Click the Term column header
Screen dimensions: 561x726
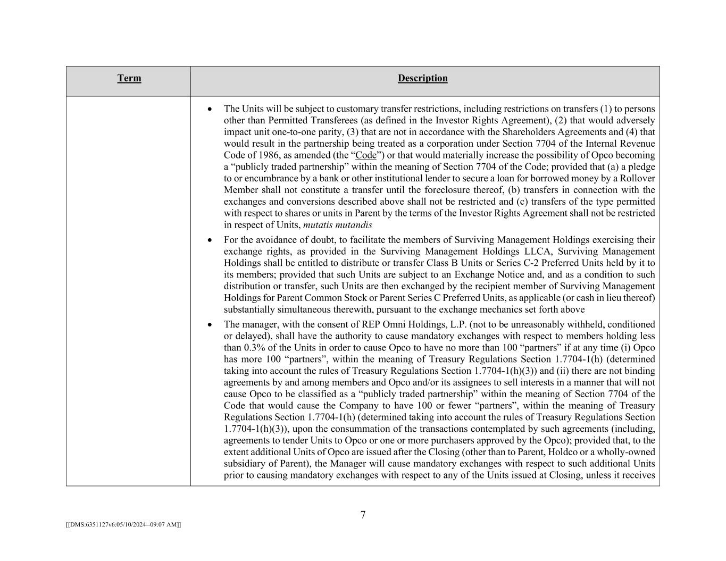point(129,79)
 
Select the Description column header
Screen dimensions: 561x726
point(422,79)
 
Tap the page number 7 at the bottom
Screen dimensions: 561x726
point(363,515)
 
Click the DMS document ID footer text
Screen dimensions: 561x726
point(123,524)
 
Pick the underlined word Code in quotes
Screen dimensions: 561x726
point(365,155)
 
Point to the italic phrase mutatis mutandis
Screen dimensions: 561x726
point(337,225)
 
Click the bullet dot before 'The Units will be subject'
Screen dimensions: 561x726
point(210,109)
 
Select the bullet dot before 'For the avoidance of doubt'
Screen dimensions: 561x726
point(210,240)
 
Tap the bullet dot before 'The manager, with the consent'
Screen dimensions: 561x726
point(210,324)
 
